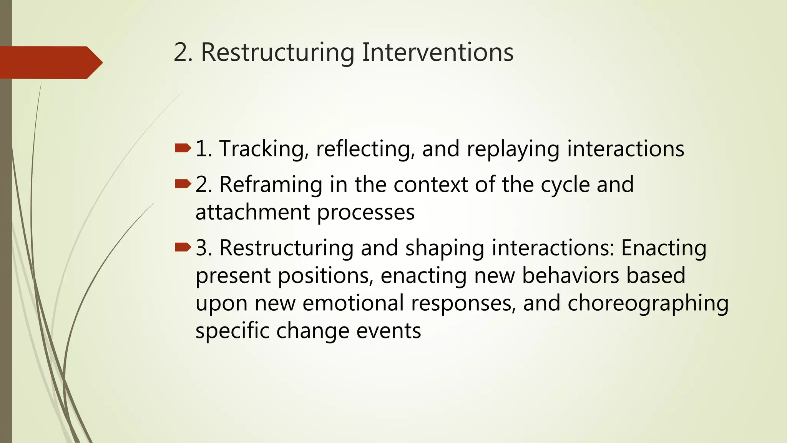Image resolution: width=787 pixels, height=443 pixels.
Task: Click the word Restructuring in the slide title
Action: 277,53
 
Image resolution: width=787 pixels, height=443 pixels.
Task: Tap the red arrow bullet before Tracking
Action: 183,148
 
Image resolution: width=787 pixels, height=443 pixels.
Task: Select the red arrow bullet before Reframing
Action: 183,184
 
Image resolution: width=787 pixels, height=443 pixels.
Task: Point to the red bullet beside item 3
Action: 183,247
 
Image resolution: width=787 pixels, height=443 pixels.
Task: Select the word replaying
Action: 513,149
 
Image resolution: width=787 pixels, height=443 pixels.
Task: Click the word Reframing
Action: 271,185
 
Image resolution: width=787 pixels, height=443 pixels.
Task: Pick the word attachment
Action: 253,212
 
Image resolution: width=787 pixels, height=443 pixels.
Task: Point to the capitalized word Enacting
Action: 664,248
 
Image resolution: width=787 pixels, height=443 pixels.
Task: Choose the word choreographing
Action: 648,304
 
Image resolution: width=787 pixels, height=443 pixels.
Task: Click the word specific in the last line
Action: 232,331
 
